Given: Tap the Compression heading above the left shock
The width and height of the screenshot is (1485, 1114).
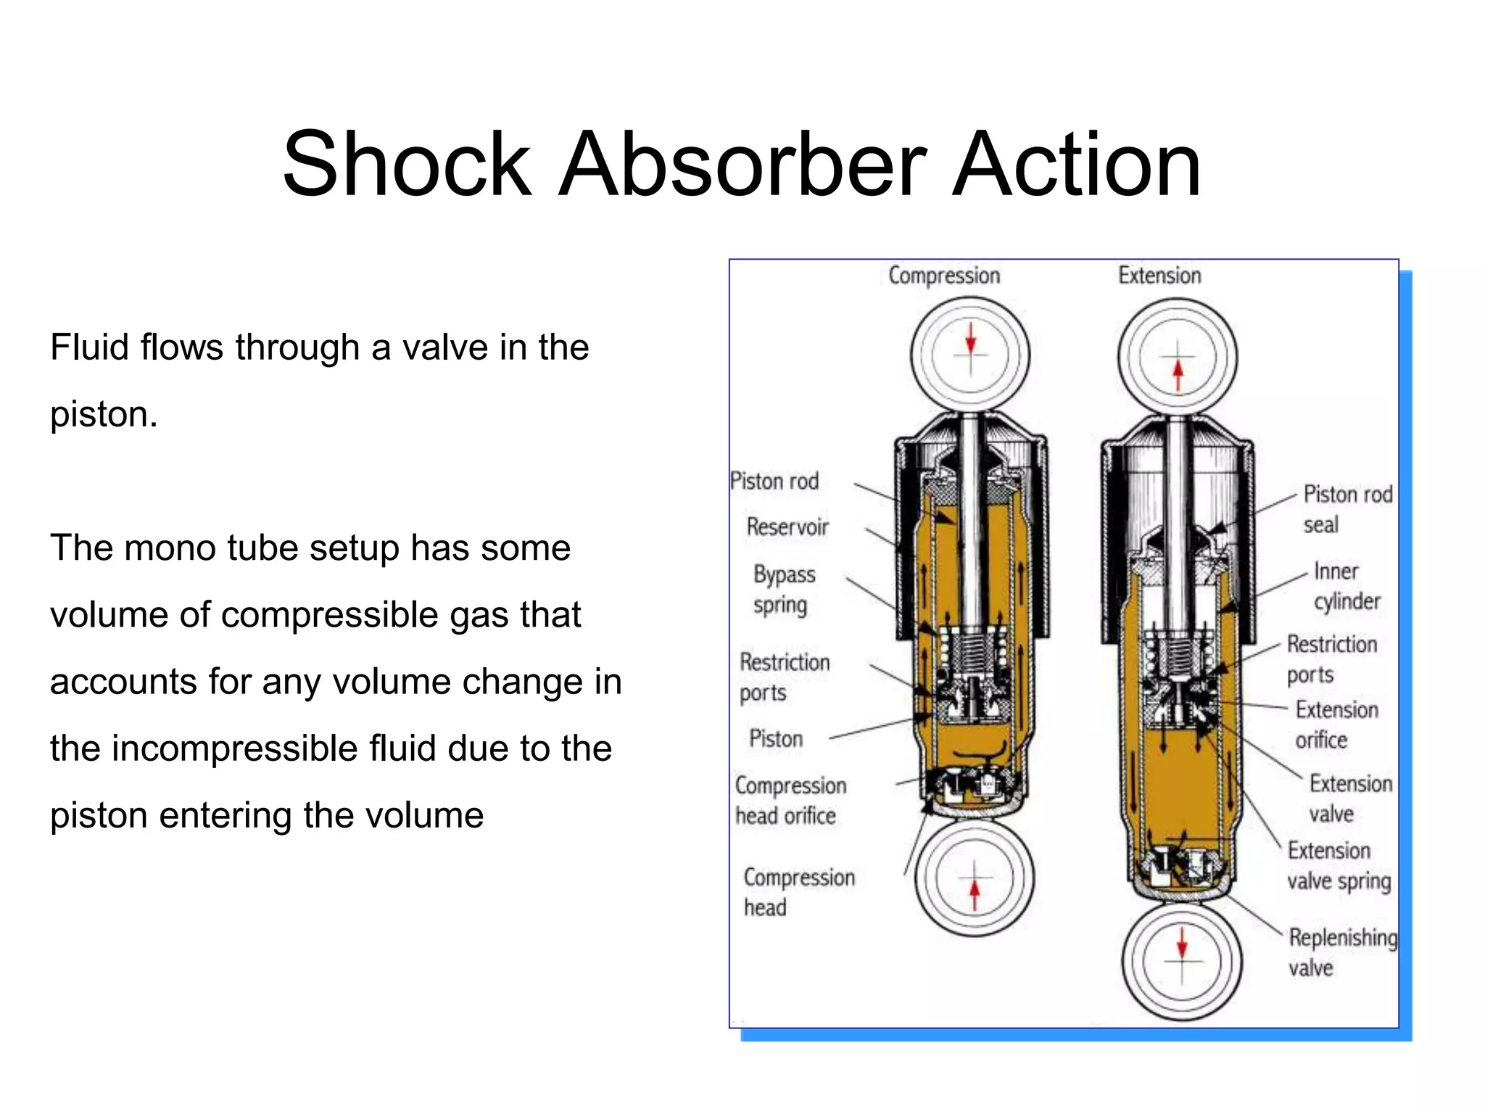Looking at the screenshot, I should point(944,276).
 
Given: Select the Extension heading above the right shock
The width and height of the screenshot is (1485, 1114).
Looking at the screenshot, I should point(1159,276).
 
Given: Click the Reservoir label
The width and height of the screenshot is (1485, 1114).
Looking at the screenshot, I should point(787,527).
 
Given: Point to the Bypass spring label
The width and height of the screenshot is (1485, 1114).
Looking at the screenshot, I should point(783,590).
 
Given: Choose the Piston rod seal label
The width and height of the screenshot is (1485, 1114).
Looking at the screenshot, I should point(1347,509).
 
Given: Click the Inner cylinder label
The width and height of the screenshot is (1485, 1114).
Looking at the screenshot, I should point(1347,586).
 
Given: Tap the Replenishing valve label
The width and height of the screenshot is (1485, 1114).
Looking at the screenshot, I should point(1341,952).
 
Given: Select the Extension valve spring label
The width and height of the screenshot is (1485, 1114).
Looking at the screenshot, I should point(1339,865).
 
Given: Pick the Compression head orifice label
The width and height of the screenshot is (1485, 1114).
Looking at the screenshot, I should point(790,801).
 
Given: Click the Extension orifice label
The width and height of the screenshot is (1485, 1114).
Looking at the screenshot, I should point(1336,725).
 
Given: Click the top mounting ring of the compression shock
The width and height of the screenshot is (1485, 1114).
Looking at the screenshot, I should point(970,355).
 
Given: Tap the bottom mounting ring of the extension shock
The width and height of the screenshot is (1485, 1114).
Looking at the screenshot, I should point(1182,961).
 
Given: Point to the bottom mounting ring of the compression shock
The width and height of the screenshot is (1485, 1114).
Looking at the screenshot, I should point(974,878).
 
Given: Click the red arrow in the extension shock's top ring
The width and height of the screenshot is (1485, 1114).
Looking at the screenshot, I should point(1178,374).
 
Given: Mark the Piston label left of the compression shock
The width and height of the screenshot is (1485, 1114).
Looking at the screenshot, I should point(776,739).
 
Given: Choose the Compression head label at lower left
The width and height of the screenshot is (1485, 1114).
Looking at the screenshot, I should point(798,892).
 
